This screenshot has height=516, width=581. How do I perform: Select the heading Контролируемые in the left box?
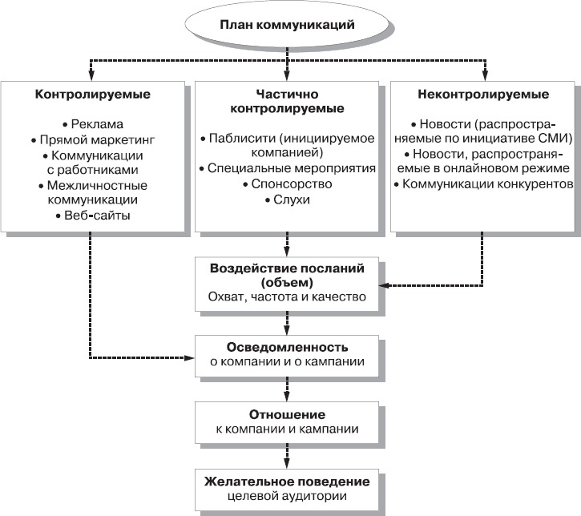point(93,94)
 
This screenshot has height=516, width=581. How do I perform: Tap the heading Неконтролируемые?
point(483,94)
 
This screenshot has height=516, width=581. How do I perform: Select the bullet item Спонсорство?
point(288,184)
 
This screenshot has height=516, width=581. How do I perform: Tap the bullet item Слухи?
point(288,200)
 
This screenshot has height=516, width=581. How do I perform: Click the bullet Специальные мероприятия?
point(288,169)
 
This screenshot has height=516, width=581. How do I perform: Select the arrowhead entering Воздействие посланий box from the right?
point(383,284)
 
